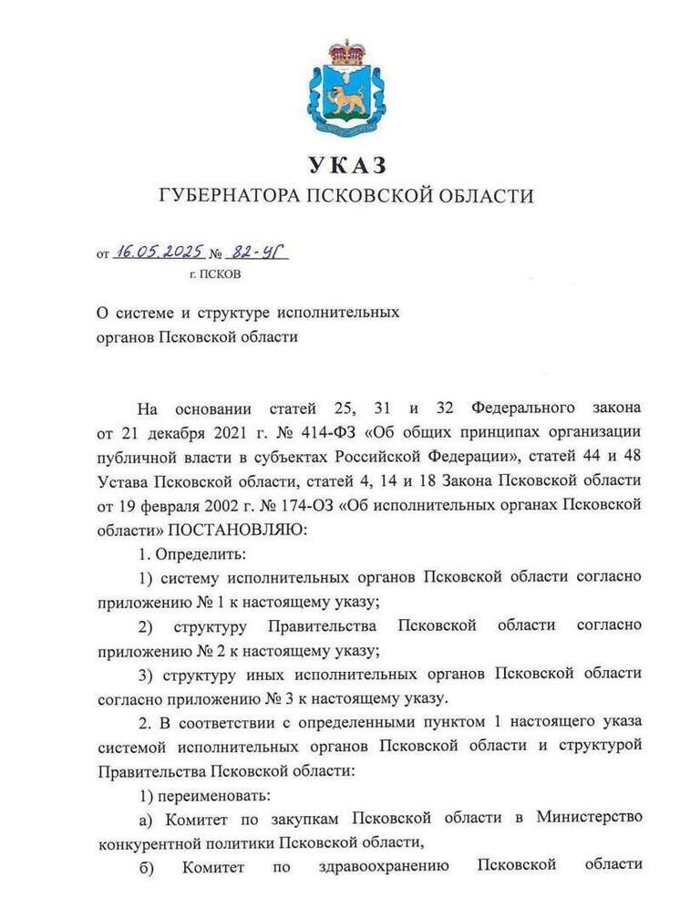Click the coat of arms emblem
coord(345,89)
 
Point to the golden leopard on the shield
coord(345,98)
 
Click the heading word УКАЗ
coord(346,165)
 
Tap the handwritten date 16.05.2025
coord(159,253)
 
